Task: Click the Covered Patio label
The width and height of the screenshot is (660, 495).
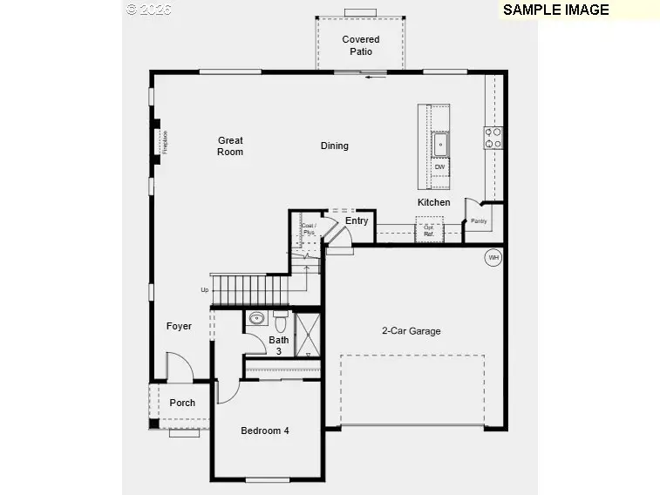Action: pos(360,45)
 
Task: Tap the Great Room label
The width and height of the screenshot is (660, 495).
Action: pos(230,146)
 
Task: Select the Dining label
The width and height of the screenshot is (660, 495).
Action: pos(334,146)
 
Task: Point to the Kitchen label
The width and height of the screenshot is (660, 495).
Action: pos(433,202)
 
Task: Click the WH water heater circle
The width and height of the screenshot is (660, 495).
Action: pos(493,257)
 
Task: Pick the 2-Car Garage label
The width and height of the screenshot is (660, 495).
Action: pos(411,331)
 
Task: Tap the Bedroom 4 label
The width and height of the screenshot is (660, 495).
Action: pos(264,431)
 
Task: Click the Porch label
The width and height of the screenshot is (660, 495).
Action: pos(182,403)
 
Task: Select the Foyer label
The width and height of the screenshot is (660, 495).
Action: pos(179,327)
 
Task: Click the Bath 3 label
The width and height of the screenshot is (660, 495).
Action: pos(279,345)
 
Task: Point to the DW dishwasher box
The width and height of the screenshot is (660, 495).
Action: pos(439,166)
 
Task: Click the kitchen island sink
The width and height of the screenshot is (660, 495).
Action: pos(440,142)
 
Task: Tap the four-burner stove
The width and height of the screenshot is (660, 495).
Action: pos(493,138)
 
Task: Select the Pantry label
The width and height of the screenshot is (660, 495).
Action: pos(479,221)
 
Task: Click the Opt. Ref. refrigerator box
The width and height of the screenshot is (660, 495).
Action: pos(429,231)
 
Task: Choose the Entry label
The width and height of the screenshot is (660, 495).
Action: pos(357,221)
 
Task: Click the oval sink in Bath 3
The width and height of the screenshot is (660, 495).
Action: pos(256,318)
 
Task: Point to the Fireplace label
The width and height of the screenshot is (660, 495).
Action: pos(164,142)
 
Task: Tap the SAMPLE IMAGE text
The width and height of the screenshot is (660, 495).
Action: pos(555,10)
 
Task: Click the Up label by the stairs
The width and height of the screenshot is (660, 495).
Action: pos(205,290)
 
